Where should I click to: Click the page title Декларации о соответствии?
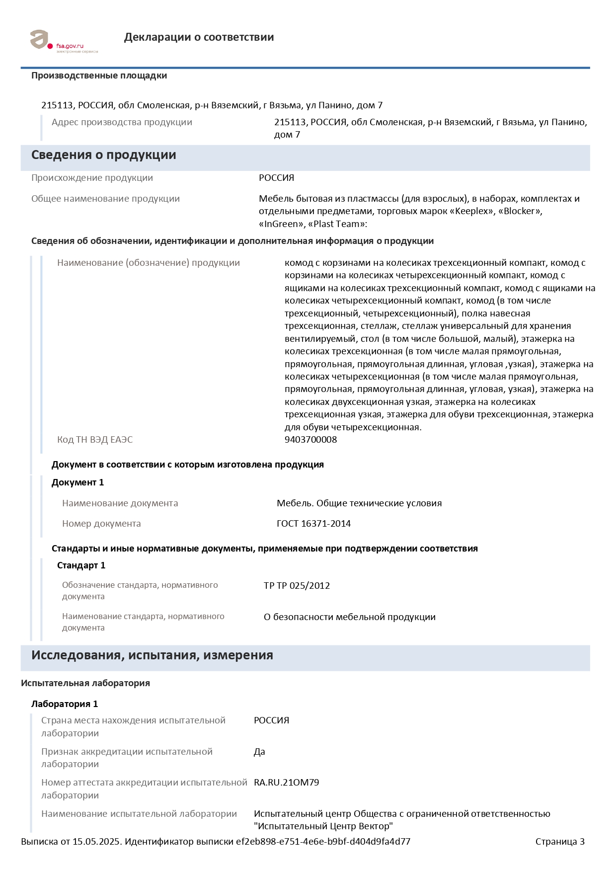(199, 37)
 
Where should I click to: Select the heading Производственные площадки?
(99, 76)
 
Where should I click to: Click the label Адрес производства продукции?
(122, 122)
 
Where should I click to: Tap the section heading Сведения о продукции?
(103, 155)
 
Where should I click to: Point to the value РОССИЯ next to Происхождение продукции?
(276, 178)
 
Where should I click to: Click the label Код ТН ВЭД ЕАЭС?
(95, 440)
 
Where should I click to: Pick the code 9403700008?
(310, 440)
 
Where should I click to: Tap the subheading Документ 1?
(77, 482)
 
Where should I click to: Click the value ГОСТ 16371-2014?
(313, 524)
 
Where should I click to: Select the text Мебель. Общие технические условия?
(359, 503)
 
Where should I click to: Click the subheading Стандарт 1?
(81, 565)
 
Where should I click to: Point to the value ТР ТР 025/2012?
(297, 586)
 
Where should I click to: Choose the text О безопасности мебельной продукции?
(349, 617)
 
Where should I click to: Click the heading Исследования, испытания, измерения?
(152, 655)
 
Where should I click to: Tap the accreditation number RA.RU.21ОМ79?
(286, 783)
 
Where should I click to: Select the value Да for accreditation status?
(259, 752)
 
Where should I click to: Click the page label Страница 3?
(559, 842)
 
